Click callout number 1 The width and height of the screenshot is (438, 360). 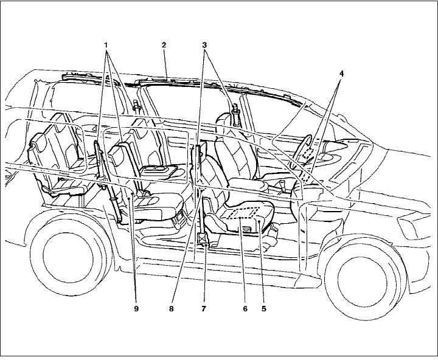(107, 46)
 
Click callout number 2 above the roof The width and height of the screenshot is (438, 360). (164, 46)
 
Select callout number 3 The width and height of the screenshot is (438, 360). (205, 46)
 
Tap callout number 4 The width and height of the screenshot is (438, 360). (341, 74)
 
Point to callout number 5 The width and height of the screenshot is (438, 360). (264, 308)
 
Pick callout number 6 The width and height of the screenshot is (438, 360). (245, 308)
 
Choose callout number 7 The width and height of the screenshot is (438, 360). (204, 308)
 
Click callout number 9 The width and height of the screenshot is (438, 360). (137, 308)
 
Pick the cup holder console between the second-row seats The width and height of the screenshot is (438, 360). (159, 171)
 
